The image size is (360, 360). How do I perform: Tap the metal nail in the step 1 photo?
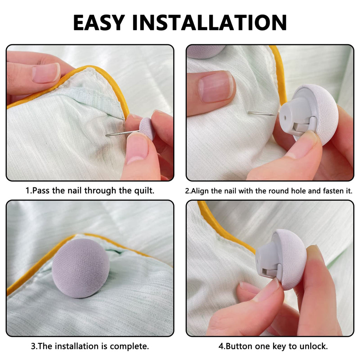click(122, 133)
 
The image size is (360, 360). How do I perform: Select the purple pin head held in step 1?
click(147, 129)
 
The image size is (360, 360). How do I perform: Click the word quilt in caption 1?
click(144, 191)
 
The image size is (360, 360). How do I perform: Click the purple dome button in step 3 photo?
click(81, 268)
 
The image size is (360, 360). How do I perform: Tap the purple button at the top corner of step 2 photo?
click(206, 51)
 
